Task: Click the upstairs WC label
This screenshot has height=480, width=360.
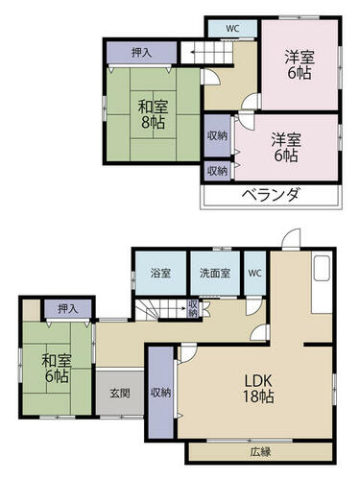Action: pyautogui.click(x=232, y=29)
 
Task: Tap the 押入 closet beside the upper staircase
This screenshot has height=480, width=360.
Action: pyautogui.click(x=141, y=53)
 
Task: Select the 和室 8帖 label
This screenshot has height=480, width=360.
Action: pyautogui.click(x=153, y=114)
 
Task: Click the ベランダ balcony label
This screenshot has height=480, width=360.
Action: pyautogui.click(x=271, y=195)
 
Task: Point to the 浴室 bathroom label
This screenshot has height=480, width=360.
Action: pyautogui.click(x=160, y=274)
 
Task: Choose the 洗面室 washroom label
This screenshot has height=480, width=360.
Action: pyautogui.click(x=215, y=274)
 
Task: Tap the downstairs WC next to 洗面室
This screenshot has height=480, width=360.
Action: pyautogui.click(x=255, y=274)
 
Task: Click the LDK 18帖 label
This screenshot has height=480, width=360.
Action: pyautogui.click(x=258, y=389)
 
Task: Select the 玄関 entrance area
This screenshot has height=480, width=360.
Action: pyautogui.click(x=120, y=393)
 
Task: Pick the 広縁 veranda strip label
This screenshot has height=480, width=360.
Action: pyautogui.click(x=260, y=452)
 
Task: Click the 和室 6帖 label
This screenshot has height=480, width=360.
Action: pyautogui.click(x=57, y=369)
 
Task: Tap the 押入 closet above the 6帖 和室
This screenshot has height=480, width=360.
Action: pyautogui.click(x=68, y=309)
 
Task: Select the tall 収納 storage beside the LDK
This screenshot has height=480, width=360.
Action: pyautogui.click(x=161, y=393)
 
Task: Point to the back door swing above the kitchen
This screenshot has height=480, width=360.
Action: pyautogui.click(x=291, y=238)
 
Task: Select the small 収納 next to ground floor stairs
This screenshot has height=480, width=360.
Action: pyautogui.click(x=193, y=308)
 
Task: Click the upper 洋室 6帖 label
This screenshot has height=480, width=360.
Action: pyautogui.click(x=300, y=65)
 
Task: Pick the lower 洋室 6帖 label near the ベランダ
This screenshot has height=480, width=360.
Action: pyautogui.click(x=286, y=148)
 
